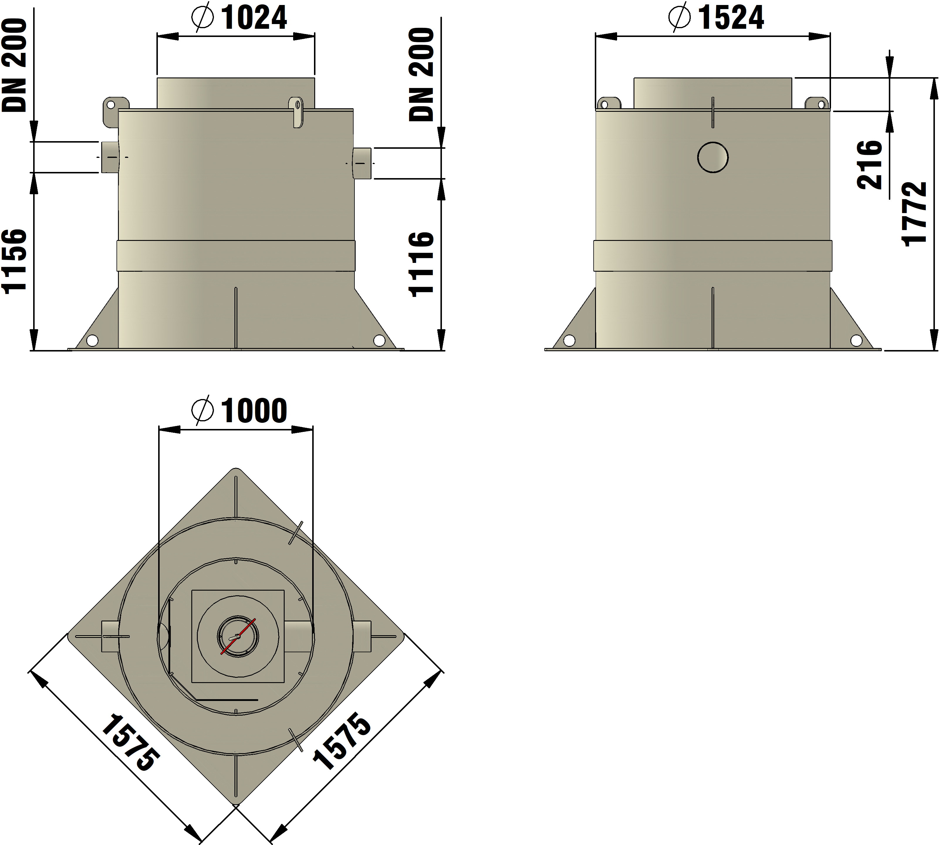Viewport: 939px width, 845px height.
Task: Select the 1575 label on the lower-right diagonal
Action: (x=342, y=741)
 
